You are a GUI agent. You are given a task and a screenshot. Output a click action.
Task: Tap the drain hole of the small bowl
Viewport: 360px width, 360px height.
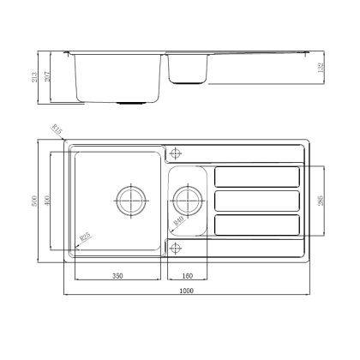(x=186, y=201)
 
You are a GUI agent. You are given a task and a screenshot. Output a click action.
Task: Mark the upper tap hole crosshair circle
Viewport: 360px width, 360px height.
(x=177, y=154)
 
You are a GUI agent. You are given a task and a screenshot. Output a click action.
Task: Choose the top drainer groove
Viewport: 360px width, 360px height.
(x=256, y=177)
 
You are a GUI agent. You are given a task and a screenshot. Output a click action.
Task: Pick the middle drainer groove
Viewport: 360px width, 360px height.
(x=256, y=201)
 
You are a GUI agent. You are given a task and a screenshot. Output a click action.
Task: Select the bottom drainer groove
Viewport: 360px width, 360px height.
(x=256, y=225)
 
